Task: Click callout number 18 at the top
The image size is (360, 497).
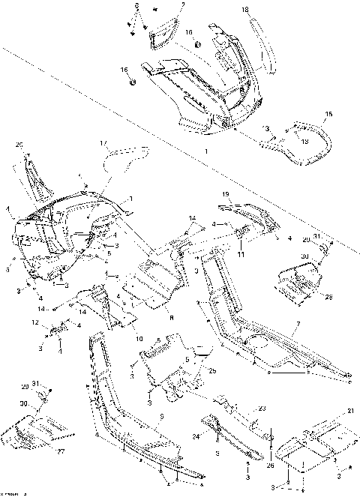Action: pyautogui.click(x=245, y=9)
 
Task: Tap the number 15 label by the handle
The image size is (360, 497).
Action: pyautogui.click(x=328, y=115)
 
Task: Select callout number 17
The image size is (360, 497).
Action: pyautogui.click(x=104, y=142)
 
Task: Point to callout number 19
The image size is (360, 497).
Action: pyautogui.click(x=224, y=195)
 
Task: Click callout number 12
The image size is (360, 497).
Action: pyautogui.click(x=34, y=323)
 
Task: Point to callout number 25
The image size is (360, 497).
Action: pyautogui.click(x=212, y=371)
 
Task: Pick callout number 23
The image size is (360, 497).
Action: pyautogui.click(x=262, y=408)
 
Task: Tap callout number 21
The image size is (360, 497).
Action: pyautogui.click(x=349, y=412)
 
